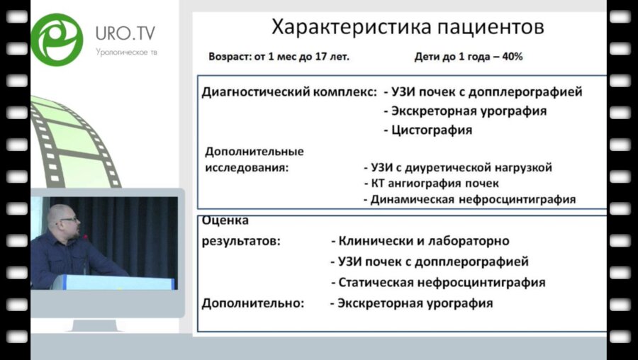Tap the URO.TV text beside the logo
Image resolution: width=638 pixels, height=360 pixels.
click(126, 33)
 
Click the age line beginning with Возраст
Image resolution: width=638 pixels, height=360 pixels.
click(279, 56)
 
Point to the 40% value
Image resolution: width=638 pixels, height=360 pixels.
click(511, 56)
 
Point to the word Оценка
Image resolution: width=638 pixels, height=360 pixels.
click(225, 220)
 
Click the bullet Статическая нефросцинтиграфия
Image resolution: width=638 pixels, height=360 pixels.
click(438, 282)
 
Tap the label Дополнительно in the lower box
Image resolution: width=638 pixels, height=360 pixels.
click(253, 303)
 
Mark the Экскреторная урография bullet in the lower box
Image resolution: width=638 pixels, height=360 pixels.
click(411, 303)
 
